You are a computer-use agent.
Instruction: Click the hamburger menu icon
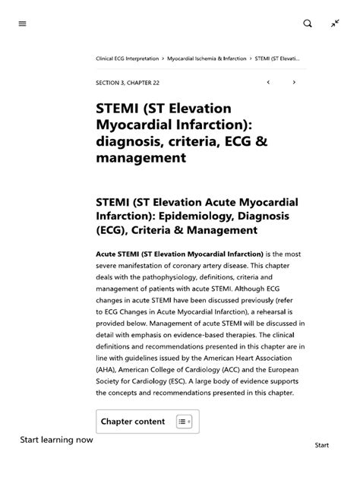[x=22, y=24]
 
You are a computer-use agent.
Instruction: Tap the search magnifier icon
[x=308, y=24]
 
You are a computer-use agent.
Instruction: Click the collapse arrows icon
[x=335, y=24]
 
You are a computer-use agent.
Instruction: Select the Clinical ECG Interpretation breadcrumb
[x=128, y=58]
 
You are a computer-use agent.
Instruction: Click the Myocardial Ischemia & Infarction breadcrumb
[x=206, y=58]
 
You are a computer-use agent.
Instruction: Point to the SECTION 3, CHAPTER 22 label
[x=128, y=83]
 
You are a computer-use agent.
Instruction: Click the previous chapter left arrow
[x=268, y=82]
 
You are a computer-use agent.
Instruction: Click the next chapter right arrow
[x=294, y=82]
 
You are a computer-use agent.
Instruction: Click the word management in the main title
[x=141, y=159]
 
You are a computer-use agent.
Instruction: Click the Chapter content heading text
[x=133, y=422]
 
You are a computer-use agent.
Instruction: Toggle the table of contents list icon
[x=184, y=422]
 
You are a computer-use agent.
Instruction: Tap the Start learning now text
[x=57, y=440]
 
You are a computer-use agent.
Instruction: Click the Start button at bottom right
[x=321, y=446]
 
